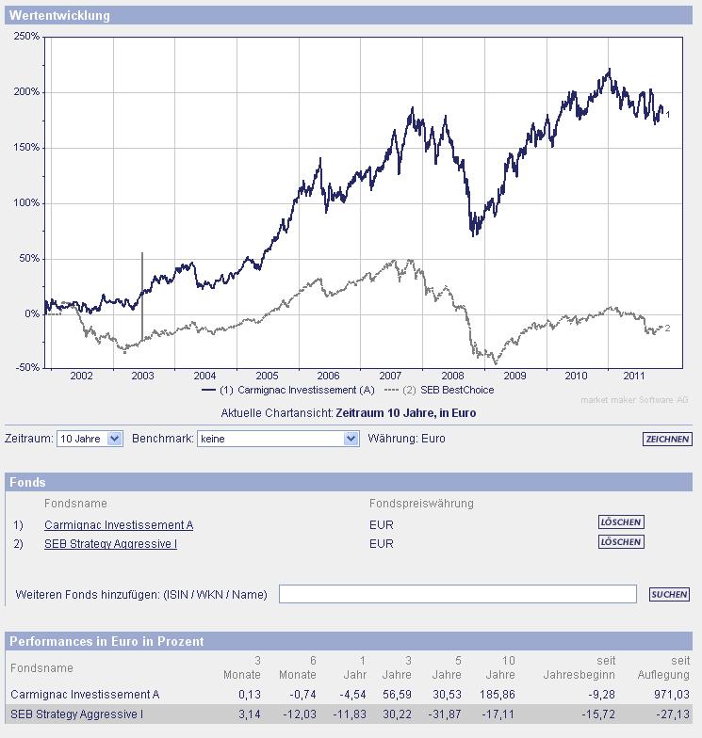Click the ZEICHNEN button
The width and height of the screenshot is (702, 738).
(x=667, y=439)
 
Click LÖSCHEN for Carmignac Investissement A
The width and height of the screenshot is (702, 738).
(x=621, y=521)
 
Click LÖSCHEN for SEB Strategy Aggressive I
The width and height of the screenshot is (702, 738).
(x=621, y=541)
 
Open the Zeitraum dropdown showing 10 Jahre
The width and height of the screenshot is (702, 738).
(x=90, y=439)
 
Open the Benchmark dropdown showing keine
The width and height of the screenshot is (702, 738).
(x=278, y=439)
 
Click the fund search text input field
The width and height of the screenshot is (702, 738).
(x=458, y=594)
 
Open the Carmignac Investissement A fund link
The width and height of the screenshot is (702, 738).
(x=119, y=525)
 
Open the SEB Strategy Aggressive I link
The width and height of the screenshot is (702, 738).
(x=110, y=544)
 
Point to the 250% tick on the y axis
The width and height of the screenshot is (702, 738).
(x=27, y=37)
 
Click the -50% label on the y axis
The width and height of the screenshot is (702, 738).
(x=27, y=368)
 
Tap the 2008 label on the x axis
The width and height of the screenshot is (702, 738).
(x=452, y=376)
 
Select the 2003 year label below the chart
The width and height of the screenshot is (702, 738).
(x=142, y=376)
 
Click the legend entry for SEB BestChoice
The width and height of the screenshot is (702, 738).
(x=448, y=390)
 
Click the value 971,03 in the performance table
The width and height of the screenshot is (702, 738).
(x=671, y=695)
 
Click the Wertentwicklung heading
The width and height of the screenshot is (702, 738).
(x=59, y=16)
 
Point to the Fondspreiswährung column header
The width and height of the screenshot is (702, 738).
(x=421, y=504)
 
